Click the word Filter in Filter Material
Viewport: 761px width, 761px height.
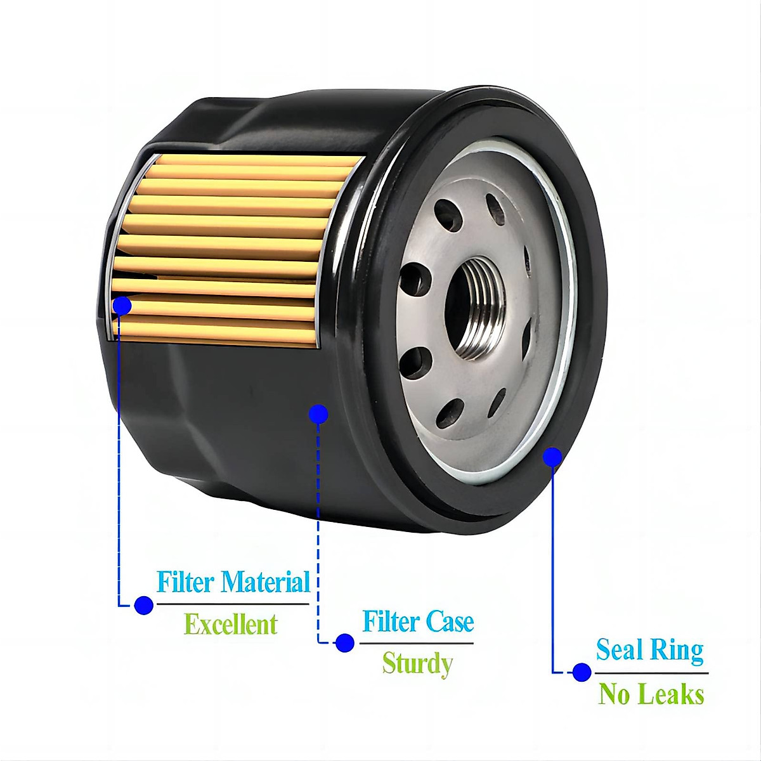click(x=185, y=582)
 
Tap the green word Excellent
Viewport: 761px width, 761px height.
click(x=230, y=625)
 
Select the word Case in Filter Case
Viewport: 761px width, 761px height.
click(x=450, y=621)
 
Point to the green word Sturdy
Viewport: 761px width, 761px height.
click(x=417, y=664)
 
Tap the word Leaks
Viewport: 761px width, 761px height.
click(x=671, y=694)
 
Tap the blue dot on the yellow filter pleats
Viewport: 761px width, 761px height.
click(x=122, y=306)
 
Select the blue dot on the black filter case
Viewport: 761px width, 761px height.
click(x=318, y=414)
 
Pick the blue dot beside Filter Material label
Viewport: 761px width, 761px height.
click(x=144, y=604)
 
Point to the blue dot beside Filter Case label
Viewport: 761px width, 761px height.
click(x=345, y=642)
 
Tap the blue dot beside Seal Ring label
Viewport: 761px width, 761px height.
click(x=582, y=672)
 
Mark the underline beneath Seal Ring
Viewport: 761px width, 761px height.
click(x=651, y=673)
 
